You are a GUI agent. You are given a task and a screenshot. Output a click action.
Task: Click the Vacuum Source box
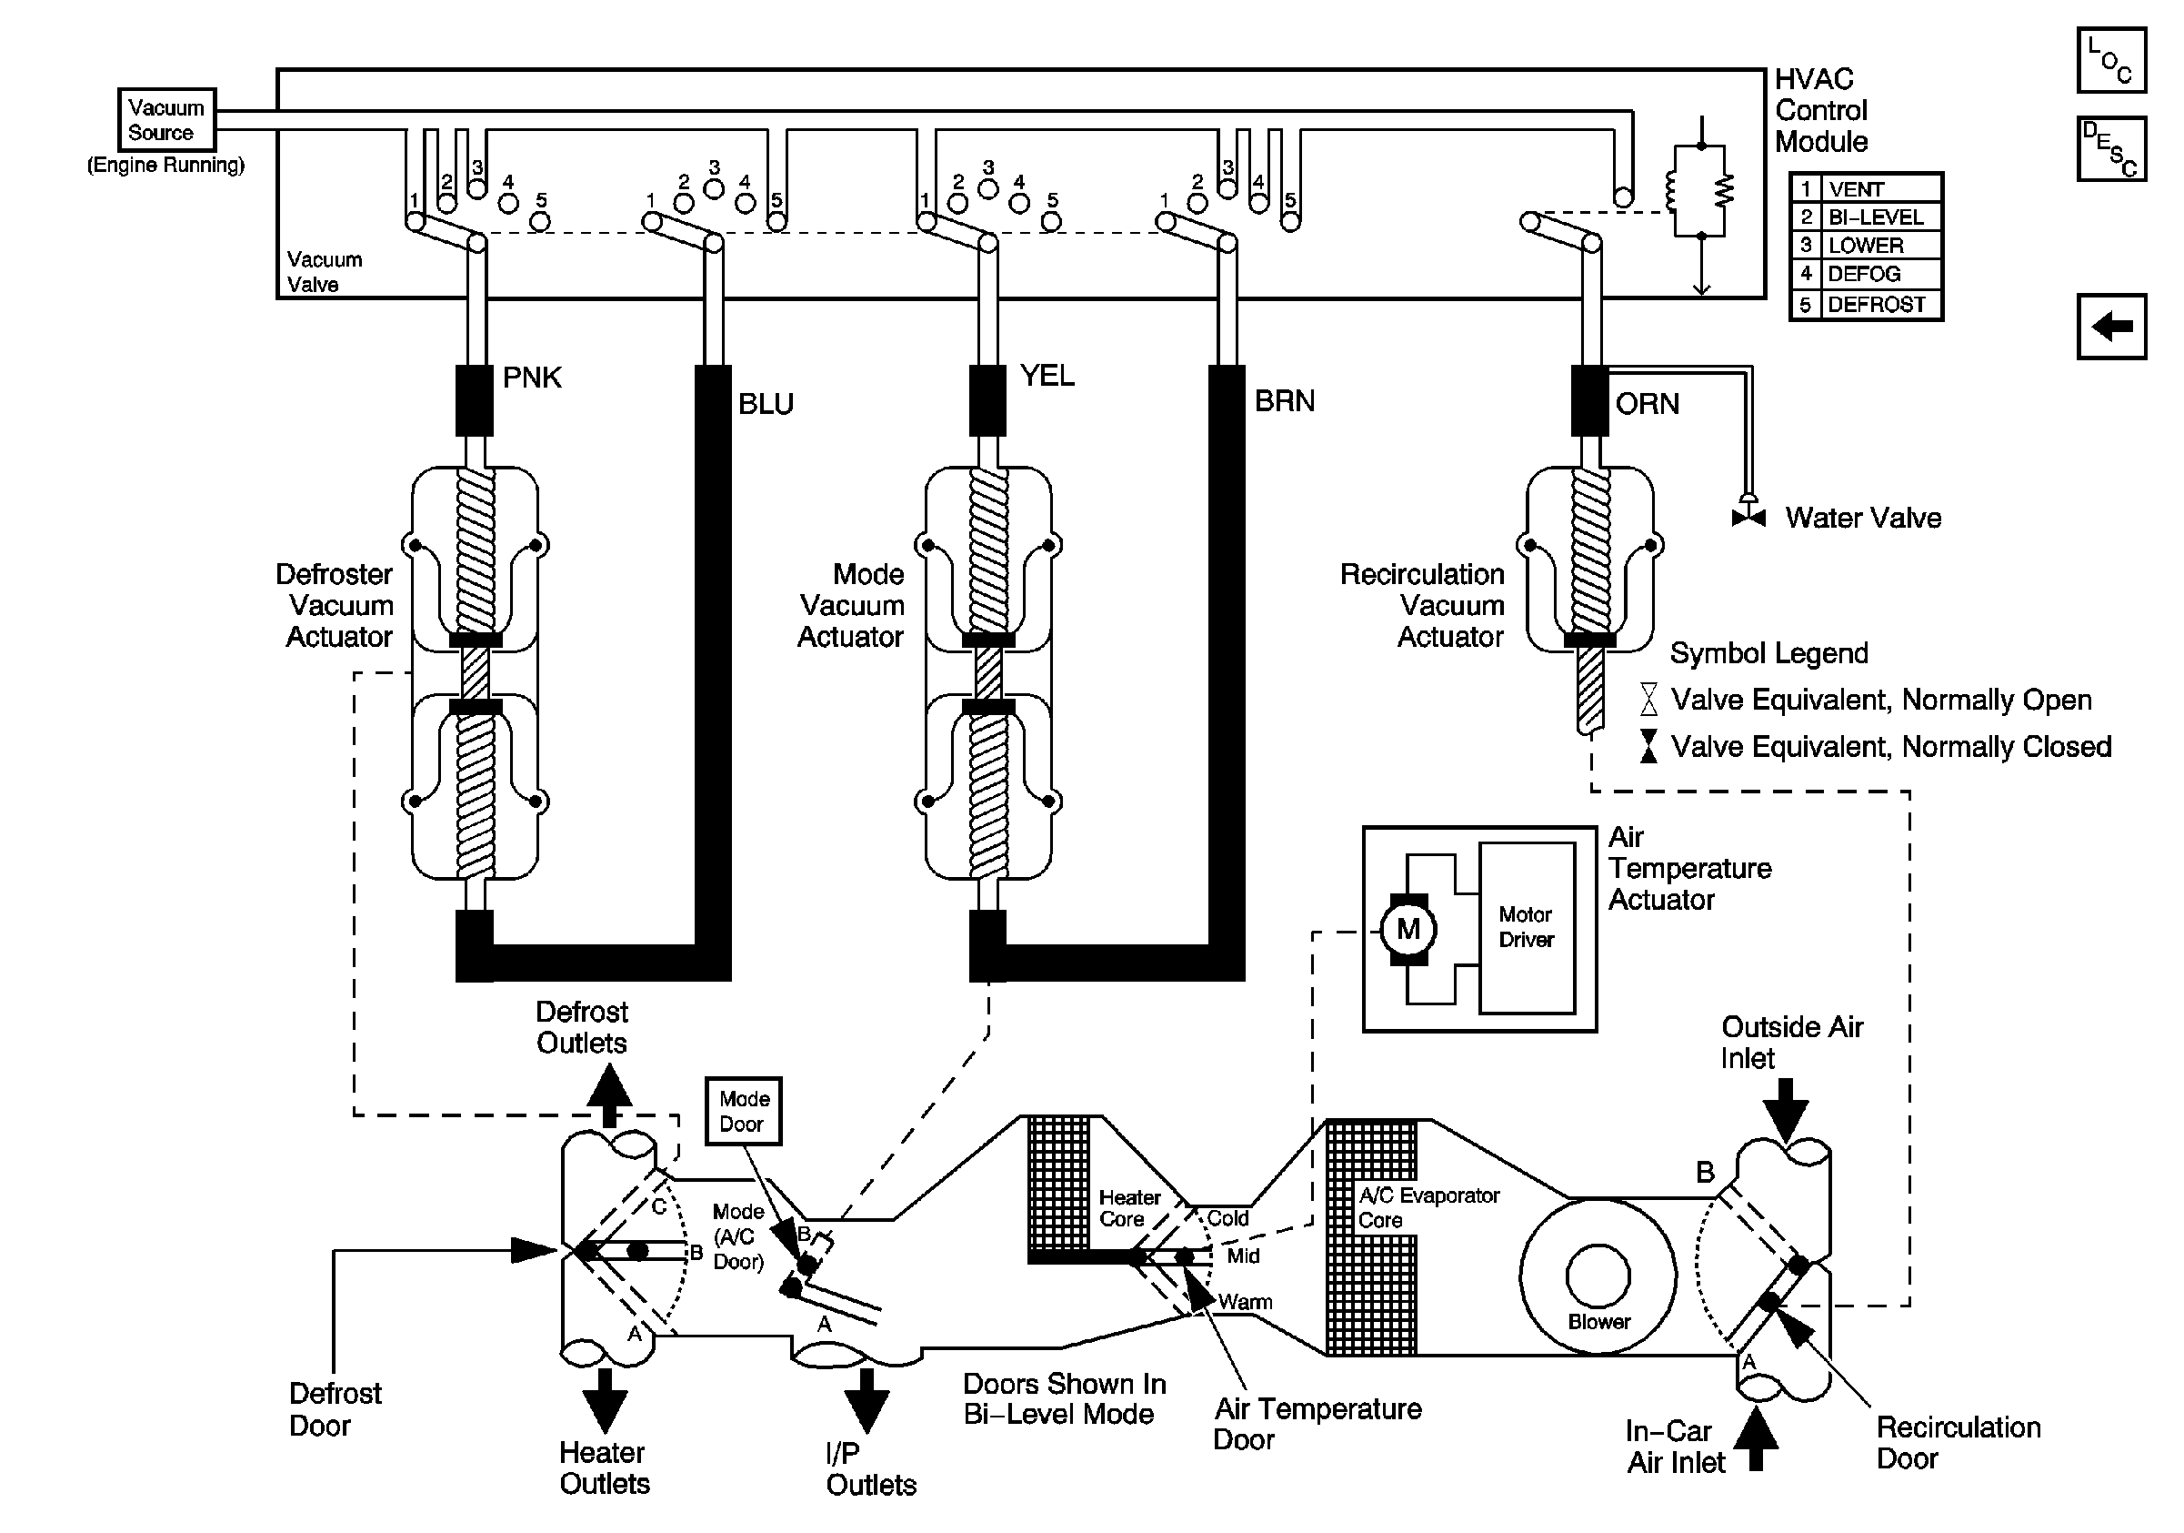166,120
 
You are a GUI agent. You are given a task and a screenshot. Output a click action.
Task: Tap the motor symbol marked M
1408,929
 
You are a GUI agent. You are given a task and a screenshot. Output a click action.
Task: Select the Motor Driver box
1526,927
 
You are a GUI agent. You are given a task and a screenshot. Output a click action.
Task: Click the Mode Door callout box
743,1111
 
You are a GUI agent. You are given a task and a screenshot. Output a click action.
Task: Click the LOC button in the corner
2110,60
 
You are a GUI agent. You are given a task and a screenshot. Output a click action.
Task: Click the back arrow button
2110,327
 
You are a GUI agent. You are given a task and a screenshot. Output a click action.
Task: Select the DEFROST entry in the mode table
1876,306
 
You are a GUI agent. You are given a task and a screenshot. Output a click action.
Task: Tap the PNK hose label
532,378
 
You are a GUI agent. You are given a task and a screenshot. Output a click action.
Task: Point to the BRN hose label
1284,401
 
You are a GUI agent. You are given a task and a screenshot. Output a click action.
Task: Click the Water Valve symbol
1748,517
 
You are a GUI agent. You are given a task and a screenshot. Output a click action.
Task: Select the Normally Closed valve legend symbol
1648,746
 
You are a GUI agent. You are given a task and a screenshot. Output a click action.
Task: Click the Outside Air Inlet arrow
1785,1110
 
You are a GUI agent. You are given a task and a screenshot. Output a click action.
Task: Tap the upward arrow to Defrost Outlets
609,1094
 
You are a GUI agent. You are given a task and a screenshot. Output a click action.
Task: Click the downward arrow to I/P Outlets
866,1400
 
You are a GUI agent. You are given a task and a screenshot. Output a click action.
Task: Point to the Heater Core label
1129,1207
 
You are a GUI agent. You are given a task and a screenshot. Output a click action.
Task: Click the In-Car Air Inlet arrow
1756,1438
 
